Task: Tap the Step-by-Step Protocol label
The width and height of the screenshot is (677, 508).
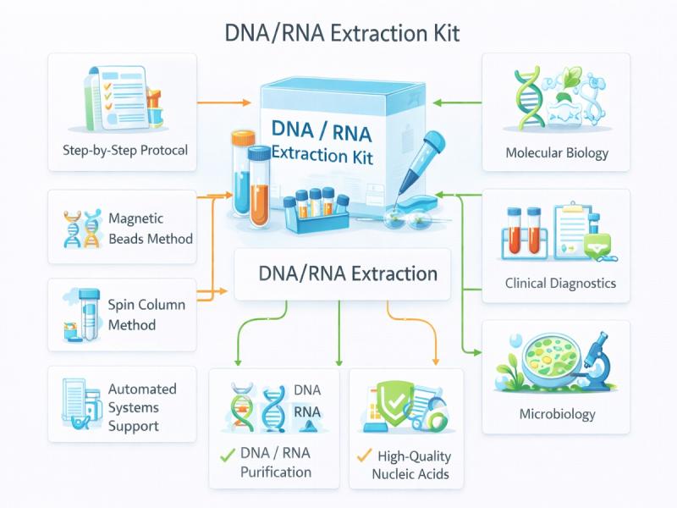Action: click(124, 151)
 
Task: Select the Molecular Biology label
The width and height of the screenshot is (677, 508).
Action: click(556, 153)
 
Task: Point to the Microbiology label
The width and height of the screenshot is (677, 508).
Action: click(556, 414)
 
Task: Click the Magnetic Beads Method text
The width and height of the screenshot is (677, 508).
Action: click(150, 229)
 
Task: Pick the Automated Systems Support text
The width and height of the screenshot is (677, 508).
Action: click(142, 407)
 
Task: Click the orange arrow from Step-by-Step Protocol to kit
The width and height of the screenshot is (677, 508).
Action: click(224, 102)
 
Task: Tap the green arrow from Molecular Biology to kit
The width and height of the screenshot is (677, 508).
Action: click(457, 102)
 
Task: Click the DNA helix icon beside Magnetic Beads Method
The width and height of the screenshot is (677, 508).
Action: click(80, 229)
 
